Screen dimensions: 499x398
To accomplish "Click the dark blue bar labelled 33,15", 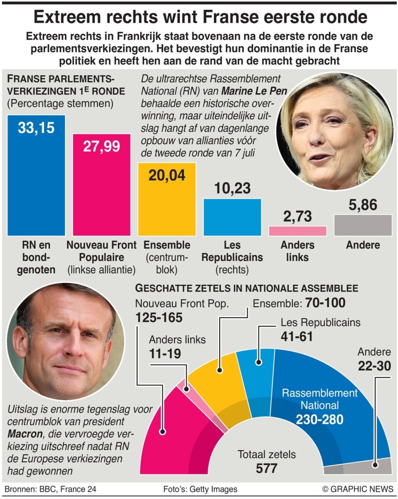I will (36, 179).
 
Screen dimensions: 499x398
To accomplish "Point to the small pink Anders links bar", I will (297, 231).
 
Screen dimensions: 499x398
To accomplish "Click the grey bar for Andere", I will (363, 225).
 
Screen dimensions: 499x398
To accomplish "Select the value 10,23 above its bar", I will (232, 189).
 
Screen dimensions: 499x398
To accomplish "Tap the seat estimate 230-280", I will (319, 419).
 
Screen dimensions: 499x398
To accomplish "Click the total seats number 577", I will (266, 469).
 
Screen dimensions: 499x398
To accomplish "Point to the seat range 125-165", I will (159, 318).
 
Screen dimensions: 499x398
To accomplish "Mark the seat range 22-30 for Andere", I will (373, 366).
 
